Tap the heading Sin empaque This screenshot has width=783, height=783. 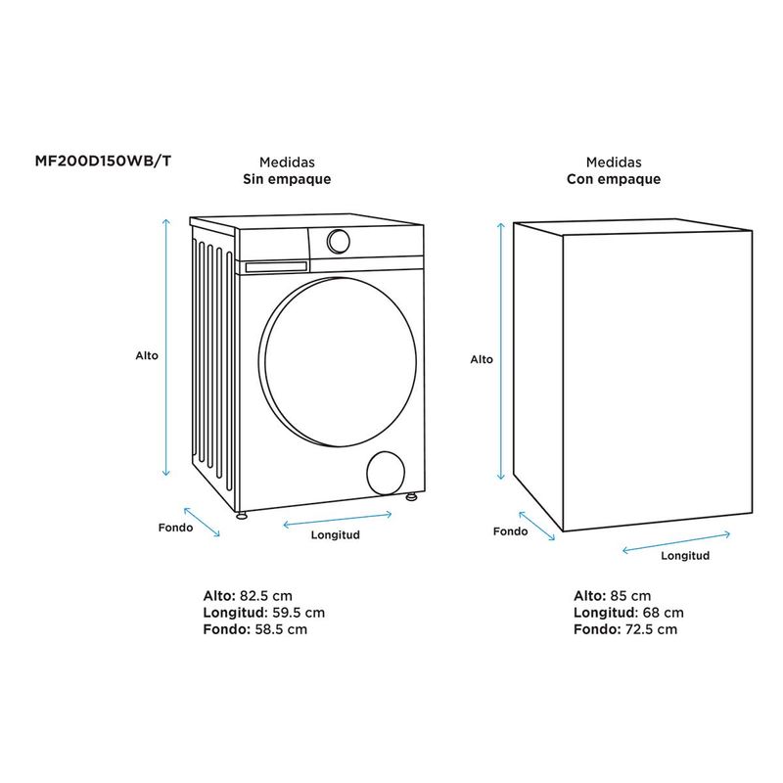click(x=287, y=179)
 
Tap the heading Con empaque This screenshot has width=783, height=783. click(x=614, y=179)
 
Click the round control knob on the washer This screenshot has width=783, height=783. click(x=338, y=240)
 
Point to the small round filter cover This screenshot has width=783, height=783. click(x=386, y=472)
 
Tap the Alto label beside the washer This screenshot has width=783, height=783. click(x=147, y=356)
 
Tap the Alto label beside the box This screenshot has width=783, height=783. click(x=482, y=359)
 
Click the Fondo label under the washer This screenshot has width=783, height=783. click(x=175, y=527)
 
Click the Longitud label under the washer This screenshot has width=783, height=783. click(x=336, y=535)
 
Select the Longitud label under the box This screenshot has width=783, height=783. click(x=684, y=555)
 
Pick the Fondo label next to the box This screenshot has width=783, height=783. click(x=510, y=531)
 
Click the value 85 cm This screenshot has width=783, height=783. click(x=630, y=595)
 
